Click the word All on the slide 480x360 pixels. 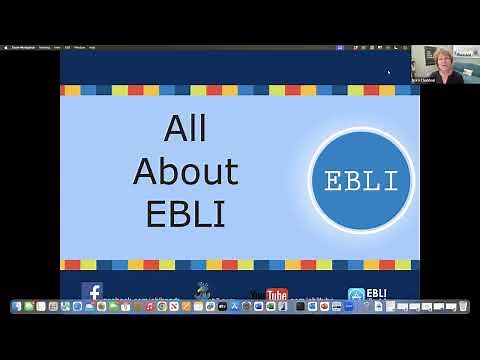[185, 130]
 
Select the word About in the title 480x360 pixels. [185, 172]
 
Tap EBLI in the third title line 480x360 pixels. [185, 213]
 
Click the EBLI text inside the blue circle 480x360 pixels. [361, 181]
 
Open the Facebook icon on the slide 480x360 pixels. [92, 292]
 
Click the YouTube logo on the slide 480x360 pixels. [269, 294]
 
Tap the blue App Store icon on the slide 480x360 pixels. [356, 295]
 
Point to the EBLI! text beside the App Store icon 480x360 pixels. [377, 293]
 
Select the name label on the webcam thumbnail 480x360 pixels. [422, 80]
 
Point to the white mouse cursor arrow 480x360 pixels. [389, 72]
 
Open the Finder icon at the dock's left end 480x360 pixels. [17, 306]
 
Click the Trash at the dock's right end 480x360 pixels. [463, 306]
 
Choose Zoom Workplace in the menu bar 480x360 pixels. [22, 47]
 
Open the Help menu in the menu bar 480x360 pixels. [92, 47]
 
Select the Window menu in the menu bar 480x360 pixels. [79, 47]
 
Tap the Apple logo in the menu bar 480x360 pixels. [6, 47]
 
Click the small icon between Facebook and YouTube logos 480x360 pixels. [203, 291]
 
